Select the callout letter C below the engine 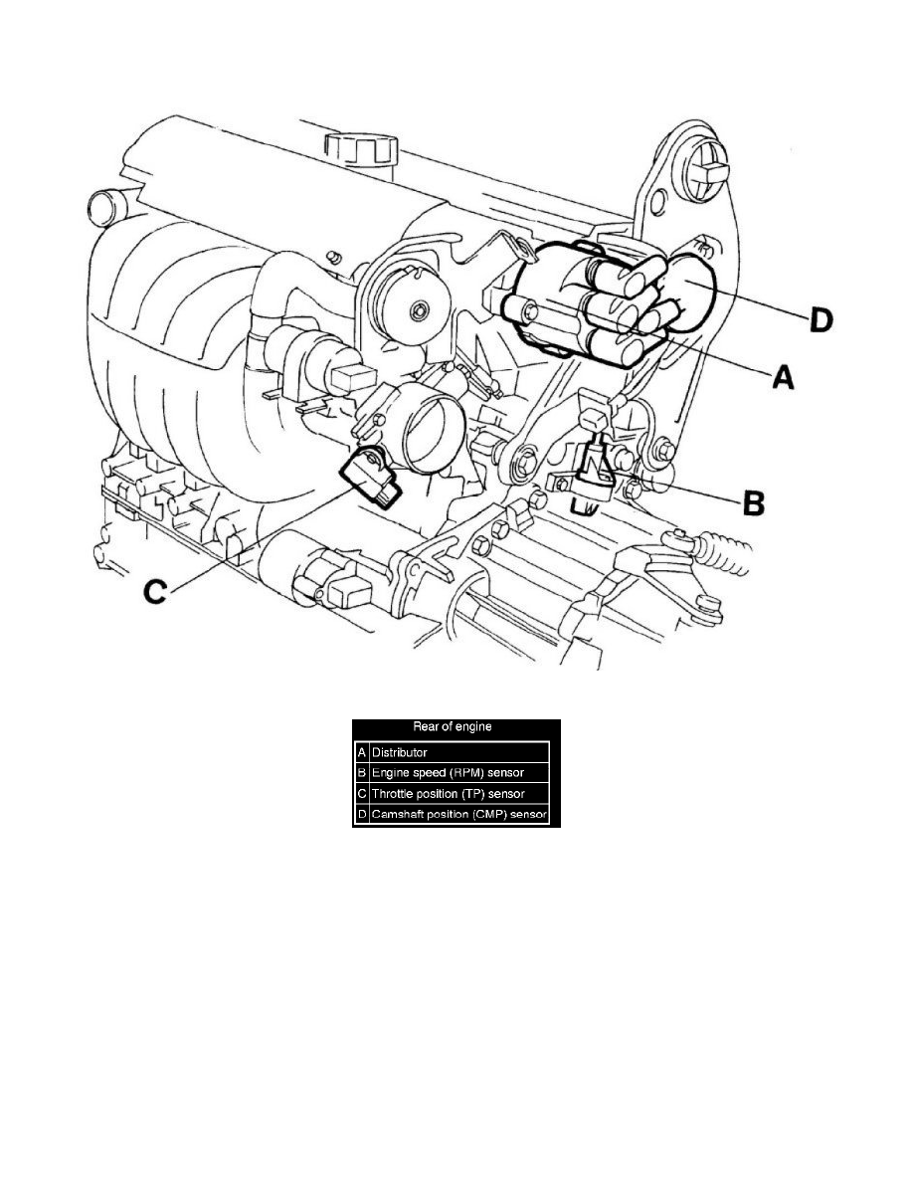[x=155, y=592]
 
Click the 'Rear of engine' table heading [x=457, y=726]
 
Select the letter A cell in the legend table [x=361, y=753]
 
